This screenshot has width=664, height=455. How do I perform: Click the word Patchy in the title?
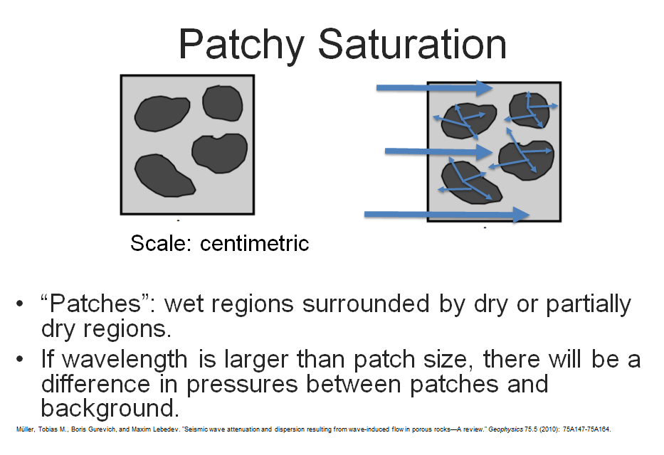(241, 45)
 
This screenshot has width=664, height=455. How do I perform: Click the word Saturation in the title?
(412, 44)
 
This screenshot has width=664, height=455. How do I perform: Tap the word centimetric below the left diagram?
(255, 243)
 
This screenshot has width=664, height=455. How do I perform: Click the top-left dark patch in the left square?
(162, 113)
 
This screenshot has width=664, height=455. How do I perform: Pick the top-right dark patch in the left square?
(223, 103)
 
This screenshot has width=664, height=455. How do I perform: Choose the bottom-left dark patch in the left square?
(164, 176)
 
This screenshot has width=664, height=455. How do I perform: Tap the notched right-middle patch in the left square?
(220, 153)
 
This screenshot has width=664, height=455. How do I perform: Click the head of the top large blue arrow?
(484, 88)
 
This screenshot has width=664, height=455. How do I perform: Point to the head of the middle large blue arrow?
(485, 152)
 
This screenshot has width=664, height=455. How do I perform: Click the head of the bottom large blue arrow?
(521, 215)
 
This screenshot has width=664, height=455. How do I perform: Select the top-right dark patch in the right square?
(529, 110)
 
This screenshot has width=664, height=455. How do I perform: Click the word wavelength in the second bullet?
(125, 360)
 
